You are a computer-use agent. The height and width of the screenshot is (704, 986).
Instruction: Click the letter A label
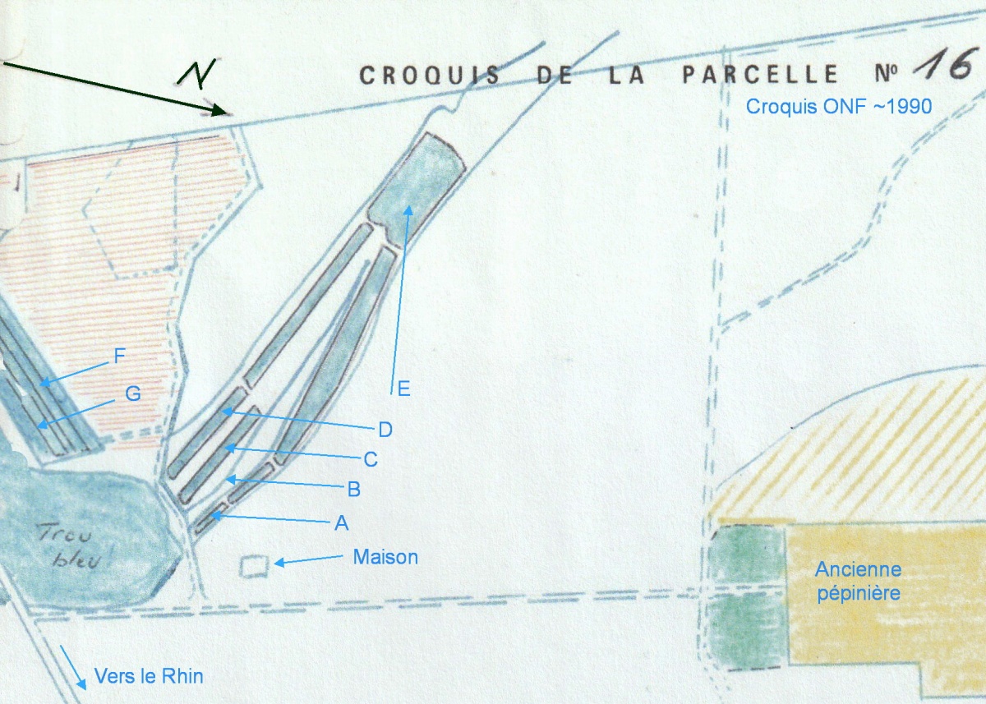pyautogui.click(x=342, y=523)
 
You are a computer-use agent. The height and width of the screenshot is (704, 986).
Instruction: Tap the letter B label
pyautogui.click(x=354, y=490)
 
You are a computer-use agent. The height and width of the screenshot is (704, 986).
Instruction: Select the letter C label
pyautogui.click(x=371, y=459)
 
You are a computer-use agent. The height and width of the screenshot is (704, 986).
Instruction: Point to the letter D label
pyautogui.click(x=385, y=430)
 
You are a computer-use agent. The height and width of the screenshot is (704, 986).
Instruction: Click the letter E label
pyautogui.click(x=403, y=389)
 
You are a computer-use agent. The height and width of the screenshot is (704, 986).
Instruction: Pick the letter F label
pyautogui.click(x=120, y=356)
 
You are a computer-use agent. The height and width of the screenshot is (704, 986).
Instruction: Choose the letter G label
pyautogui.click(x=133, y=393)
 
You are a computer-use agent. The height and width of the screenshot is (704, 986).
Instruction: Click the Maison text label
pyautogui.click(x=385, y=557)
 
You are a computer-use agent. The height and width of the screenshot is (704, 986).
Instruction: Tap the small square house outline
pyautogui.click(x=254, y=566)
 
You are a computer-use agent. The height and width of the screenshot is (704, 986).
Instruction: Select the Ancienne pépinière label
pyautogui.click(x=859, y=582)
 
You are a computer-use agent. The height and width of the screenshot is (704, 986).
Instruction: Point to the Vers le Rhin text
pyautogui.click(x=149, y=676)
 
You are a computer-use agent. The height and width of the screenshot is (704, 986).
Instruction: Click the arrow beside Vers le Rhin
pyautogui.click(x=72, y=666)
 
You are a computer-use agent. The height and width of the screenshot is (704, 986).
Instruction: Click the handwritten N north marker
pyautogui.click(x=196, y=71)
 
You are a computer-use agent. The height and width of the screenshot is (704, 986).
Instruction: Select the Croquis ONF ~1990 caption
pyautogui.click(x=839, y=107)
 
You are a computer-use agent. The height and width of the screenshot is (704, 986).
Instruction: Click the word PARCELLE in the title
pyautogui.click(x=760, y=74)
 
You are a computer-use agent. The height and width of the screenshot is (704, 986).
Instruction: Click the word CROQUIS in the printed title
pyautogui.click(x=430, y=75)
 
